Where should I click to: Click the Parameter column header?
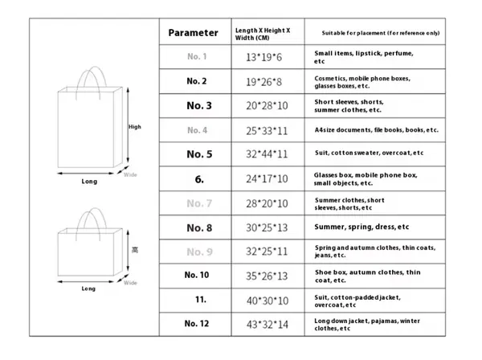tap(193, 33)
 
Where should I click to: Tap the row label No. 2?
tap(196, 81)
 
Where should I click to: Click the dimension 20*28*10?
tap(261, 105)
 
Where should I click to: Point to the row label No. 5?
tap(199, 153)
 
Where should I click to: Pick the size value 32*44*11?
tap(261, 153)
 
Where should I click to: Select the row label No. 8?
tap(199, 227)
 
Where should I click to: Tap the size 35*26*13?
tap(261, 276)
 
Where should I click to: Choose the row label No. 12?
tap(196, 323)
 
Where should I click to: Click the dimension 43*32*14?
tap(261, 323)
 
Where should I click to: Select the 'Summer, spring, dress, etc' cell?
tap(361, 227)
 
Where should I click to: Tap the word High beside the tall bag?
tap(134, 127)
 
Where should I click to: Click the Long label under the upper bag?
tap(89, 182)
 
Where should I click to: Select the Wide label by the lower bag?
tap(130, 283)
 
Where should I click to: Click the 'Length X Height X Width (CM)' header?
tap(262, 33)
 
